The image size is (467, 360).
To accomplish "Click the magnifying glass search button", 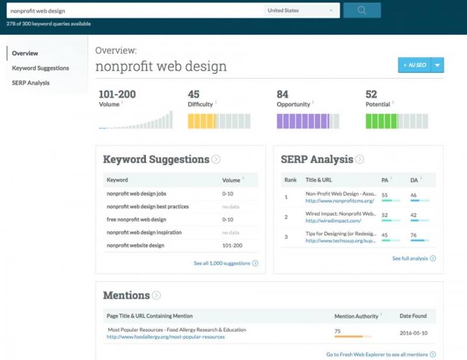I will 362,10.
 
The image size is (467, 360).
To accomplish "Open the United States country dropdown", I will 301,11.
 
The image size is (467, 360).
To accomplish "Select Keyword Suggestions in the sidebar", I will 40,68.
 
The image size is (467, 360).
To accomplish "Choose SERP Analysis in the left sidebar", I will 30,83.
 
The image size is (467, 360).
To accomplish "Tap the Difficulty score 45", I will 194,95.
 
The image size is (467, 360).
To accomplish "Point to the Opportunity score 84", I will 283,95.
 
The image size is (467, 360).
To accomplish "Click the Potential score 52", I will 371,95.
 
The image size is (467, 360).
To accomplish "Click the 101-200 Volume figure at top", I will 117,95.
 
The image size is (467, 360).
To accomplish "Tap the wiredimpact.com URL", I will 333,221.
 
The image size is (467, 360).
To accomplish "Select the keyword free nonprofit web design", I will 136,219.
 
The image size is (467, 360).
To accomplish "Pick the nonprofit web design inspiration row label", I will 144,232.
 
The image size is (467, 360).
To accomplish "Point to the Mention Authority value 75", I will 338,330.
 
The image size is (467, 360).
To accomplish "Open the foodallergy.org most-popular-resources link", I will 166,337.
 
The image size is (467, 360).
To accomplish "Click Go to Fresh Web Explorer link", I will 381,354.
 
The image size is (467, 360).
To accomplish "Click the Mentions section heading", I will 126,295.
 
